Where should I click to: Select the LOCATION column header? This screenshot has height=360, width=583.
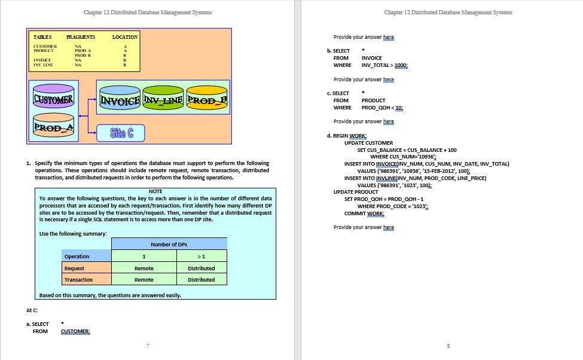pos(125,37)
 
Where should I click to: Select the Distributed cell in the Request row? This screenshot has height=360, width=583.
pos(201,269)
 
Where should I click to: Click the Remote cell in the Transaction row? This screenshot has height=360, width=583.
pos(144,280)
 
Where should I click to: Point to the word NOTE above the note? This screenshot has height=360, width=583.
pos(155,191)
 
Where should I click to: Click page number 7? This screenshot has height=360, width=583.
pos(147,345)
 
